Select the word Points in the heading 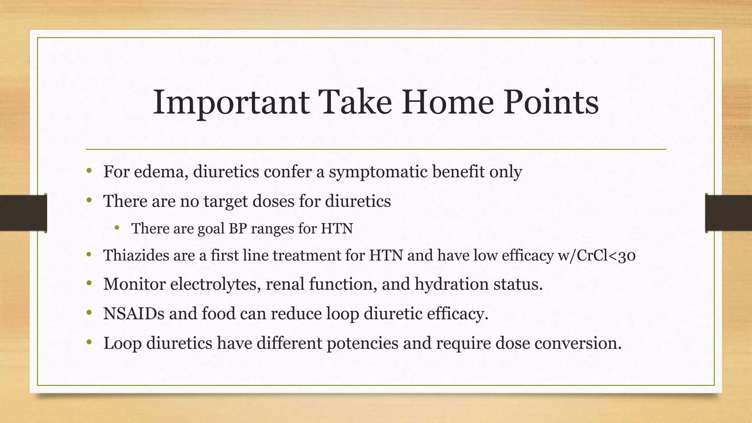pyautogui.click(x=551, y=102)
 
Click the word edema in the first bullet pyautogui.click(x=162, y=171)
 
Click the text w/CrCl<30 pyautogui.click(x=596, y=255)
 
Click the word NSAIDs pyautogui.click(x=134, y=314)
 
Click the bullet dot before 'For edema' pyautogui.click(x=89, y=171)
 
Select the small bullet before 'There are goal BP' pyautogui.click(x=117, y=228)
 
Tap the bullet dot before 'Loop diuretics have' pyautogui.click(x=89, y=343)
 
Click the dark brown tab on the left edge pyautogui.click(x=23, y=213)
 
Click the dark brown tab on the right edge pyautogui.click(x=728, y=213)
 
